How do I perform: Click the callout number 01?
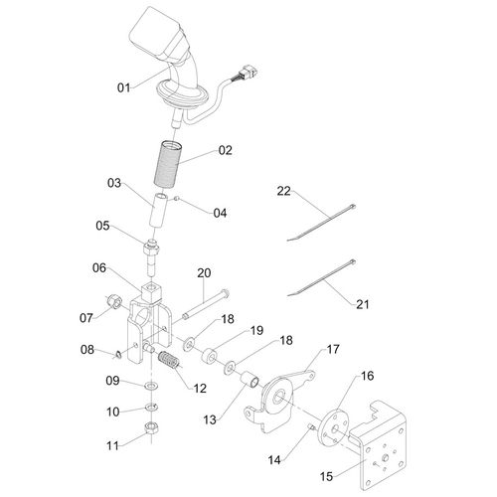point(124,87)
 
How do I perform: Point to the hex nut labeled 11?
point(152,427)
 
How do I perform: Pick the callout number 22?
point(283,191)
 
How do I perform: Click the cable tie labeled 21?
point(321,278)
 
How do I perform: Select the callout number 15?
point(326,476)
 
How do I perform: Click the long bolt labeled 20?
point(207,305)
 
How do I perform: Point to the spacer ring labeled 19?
point(210,356)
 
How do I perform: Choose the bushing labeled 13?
point(249,380)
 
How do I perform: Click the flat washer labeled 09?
point(151,386)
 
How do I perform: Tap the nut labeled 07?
point(113,302)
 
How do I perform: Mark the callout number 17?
point(333,349)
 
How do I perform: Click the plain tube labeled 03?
point(157,210)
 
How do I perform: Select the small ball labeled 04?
point(177,199)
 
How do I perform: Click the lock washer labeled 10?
point(151,407)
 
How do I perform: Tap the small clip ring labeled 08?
point(118,355)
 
